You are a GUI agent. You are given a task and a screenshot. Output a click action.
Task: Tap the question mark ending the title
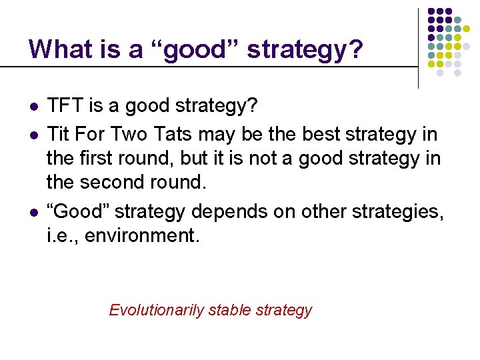point(356,49)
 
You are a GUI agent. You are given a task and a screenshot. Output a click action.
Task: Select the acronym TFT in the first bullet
point(63,106)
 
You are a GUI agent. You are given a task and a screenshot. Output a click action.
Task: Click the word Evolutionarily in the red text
point(156,310)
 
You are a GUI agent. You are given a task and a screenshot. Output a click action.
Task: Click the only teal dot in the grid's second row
point(457,21)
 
